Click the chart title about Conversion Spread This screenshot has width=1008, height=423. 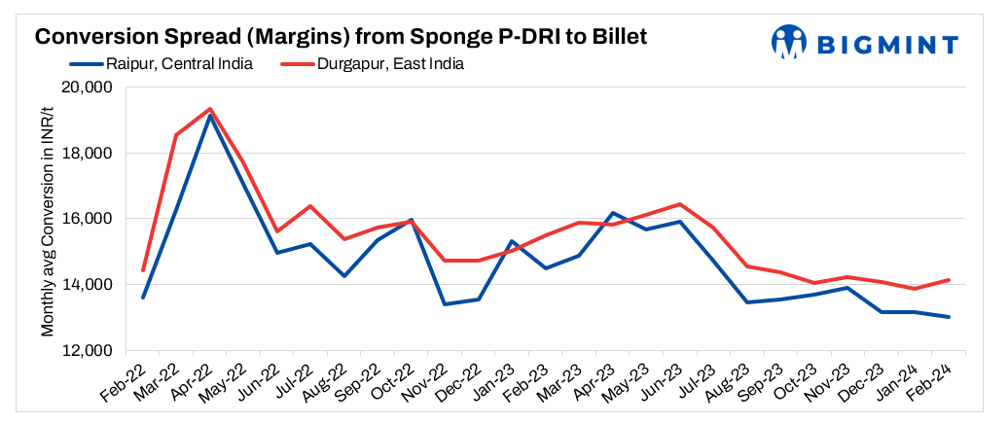(x=341, y=36)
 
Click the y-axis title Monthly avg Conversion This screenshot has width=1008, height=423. (x=47, y=218)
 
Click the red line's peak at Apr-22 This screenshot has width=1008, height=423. (x=210, y=109)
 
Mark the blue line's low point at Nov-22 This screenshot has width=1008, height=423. (x=445, y=304)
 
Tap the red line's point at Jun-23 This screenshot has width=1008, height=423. (x=679, y=204)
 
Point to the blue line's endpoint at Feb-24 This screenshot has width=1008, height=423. (x=949, y=317)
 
